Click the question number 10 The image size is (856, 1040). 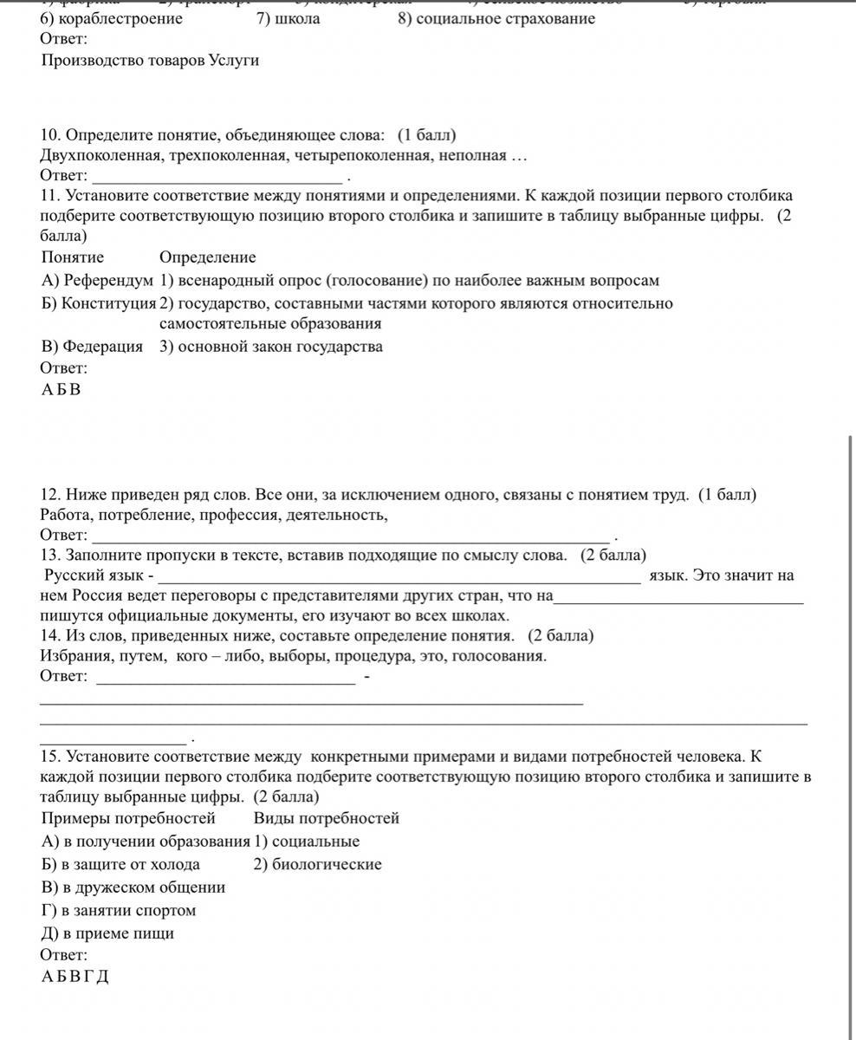pos(50,135)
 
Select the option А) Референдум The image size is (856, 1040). pos(96,281)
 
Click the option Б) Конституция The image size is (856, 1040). pos(98,303)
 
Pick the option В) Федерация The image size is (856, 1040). pos(92,347)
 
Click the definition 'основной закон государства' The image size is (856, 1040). pos(270,347)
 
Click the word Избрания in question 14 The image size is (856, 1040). pos(73,656)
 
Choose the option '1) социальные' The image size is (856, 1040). pos(307,842)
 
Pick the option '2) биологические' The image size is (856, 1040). pos(317,864)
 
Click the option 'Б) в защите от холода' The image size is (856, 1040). pos(120,864)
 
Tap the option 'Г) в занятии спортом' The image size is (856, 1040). pos(119,911)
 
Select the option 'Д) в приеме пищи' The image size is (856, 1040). pos(107,933)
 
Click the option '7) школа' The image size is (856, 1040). pos(288,18)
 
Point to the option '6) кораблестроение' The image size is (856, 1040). pos(112,18)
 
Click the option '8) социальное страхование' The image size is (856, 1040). pos(496,18)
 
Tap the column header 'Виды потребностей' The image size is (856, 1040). pos(327,818)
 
